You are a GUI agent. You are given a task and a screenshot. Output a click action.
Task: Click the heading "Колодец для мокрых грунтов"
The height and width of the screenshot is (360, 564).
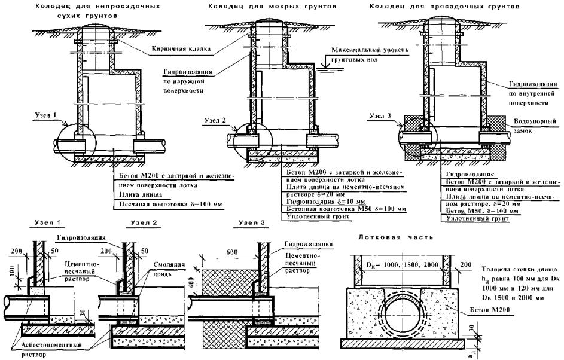click(x=271, y=6)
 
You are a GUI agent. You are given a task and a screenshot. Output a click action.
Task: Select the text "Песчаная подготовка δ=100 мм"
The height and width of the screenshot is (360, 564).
click(x=167, y=204)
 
